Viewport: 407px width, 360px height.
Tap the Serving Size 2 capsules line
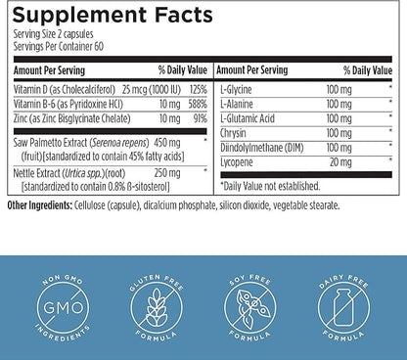(x=55, y=32)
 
